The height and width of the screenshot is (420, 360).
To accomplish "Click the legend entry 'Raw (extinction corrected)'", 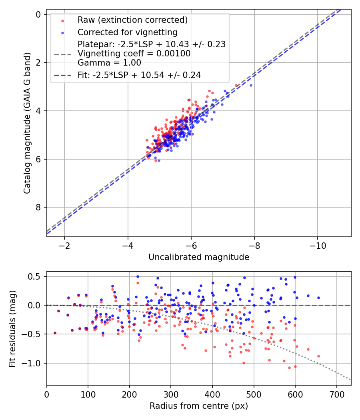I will click(x=132, y=20).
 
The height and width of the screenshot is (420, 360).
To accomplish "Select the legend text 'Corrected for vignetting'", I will click(x=128, y=32).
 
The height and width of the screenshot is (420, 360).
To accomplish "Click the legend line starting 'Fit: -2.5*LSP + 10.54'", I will click(x=139, y=75).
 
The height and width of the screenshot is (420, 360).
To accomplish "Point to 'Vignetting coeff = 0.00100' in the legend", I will click(x=134, y=53).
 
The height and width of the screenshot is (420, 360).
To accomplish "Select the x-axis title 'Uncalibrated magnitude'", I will click(x=199, y=257).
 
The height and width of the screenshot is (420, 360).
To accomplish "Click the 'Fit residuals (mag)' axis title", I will click(x=12, y=328).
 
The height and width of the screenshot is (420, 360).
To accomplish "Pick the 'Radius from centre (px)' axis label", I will click(x=199, y=406).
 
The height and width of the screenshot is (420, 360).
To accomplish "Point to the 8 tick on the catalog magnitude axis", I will click(x=39, y=207).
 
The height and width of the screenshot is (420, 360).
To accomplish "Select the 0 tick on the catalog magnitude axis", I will click(x=39, y=14).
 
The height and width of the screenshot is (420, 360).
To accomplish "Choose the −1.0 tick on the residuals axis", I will click(x=33, y=363).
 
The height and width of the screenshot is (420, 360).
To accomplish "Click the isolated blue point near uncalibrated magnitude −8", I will click(x=251, y=85).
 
